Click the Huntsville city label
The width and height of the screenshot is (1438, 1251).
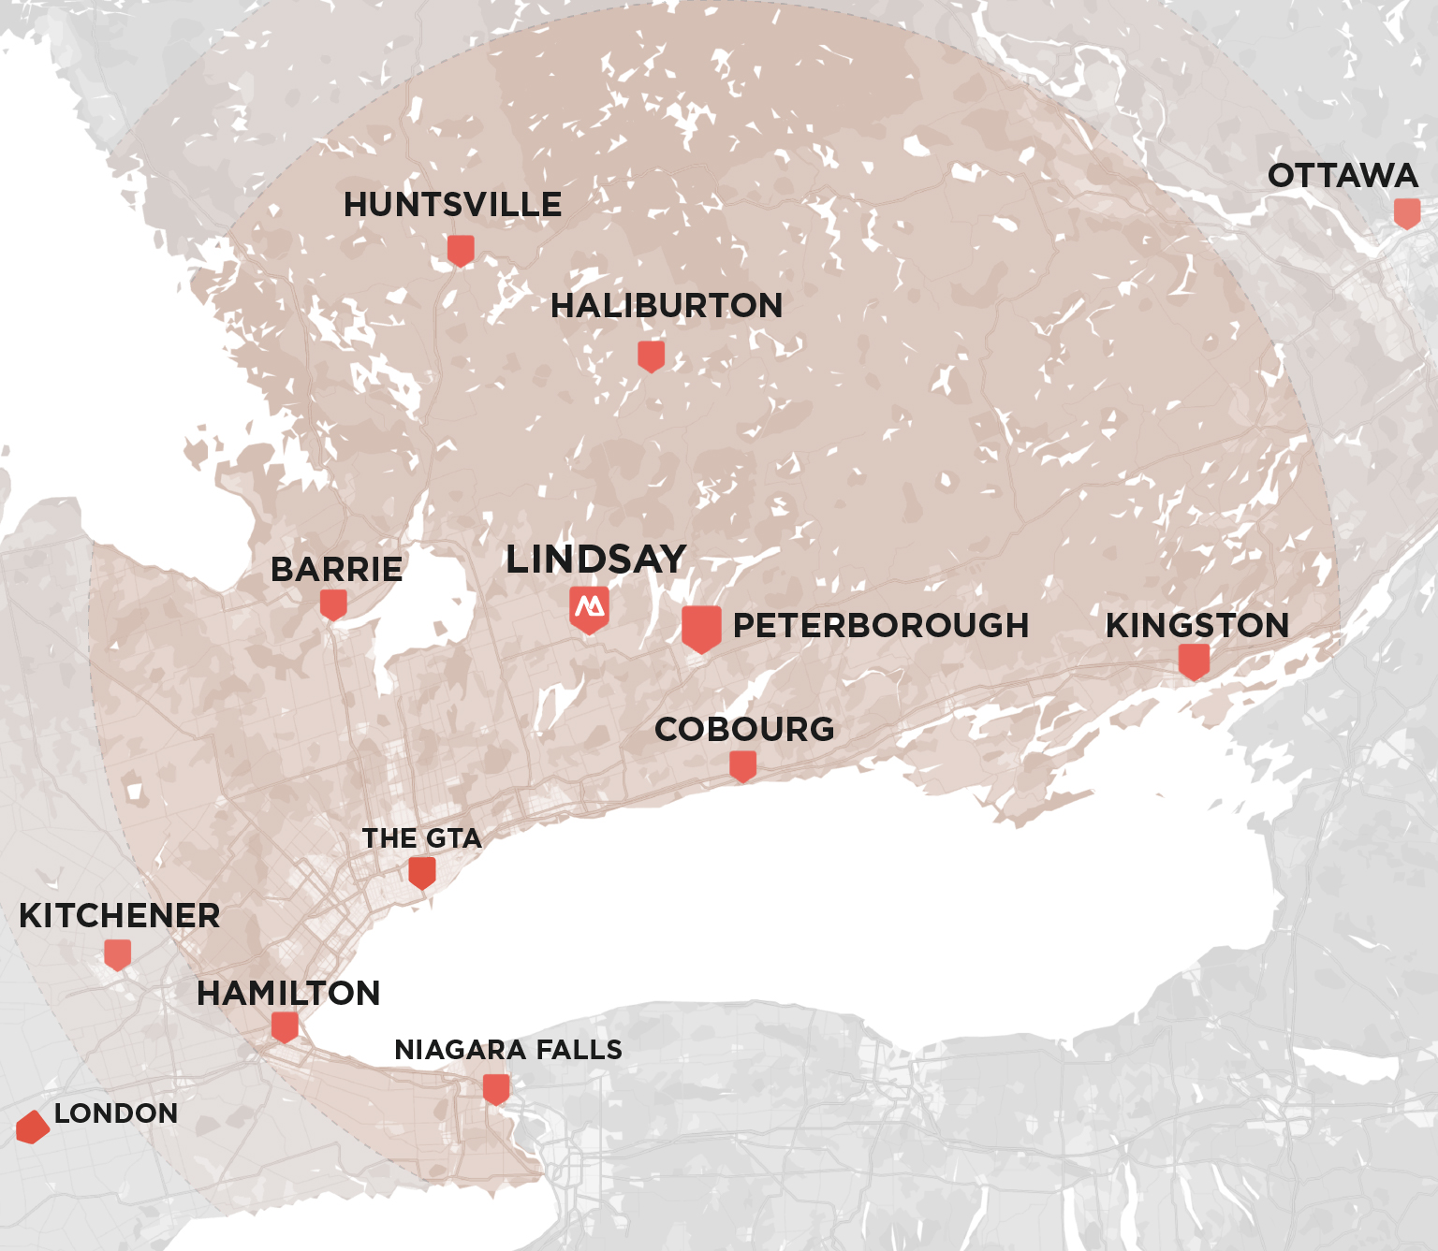(452, 205)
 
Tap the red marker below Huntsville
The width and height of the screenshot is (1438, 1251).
(461, 251)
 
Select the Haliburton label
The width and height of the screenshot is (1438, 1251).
(667, 306)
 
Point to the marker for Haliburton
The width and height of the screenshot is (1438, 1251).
(651, 356)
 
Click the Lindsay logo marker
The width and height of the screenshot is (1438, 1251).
(589, 609)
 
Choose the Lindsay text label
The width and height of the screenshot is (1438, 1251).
(596, 560)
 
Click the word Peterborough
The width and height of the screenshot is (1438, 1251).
(880, 625)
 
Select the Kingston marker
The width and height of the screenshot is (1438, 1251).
(1194, 662)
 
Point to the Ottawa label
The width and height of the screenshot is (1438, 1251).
(1343, 176)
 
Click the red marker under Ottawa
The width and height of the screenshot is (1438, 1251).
(1407, 213)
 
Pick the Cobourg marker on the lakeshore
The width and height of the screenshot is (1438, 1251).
(742, 766)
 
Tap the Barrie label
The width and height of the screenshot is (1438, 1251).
(336, 569)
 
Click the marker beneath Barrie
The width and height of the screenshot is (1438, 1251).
(333, 604)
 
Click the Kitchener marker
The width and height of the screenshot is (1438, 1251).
(117, 954)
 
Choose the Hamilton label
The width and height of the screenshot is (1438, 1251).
(288, 993)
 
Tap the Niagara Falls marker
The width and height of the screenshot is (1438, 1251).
(496, 1089)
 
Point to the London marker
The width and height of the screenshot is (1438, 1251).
(33, 1127)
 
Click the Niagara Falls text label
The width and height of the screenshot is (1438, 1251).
(508, 1050)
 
